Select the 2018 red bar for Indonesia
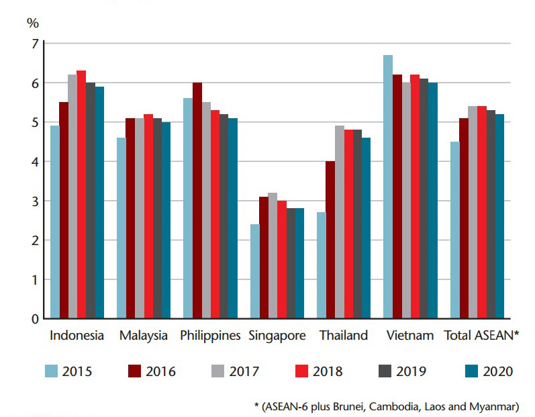[81, 195]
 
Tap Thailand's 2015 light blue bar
[321, 265]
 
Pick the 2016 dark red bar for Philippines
[197, 201]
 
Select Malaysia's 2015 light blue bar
[121, 228]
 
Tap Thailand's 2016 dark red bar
[330, 240]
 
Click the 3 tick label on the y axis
[35, 201]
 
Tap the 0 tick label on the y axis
[35, 319]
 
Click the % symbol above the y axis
[33, 22]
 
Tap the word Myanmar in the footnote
[497, 407]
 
